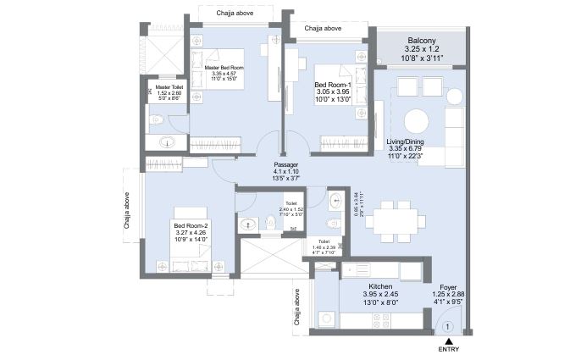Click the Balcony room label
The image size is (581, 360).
tap(421, 40)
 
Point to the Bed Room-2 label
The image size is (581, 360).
tap(191, 225)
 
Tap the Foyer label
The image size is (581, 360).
tap(448, 287)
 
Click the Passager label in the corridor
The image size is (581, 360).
tap(286, 165)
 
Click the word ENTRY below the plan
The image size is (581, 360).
tap(449, 349)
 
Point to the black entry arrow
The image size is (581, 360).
tap(449, 339)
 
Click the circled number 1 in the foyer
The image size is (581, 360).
tap(448, 325)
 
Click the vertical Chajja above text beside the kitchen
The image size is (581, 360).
tap(296, 309)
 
